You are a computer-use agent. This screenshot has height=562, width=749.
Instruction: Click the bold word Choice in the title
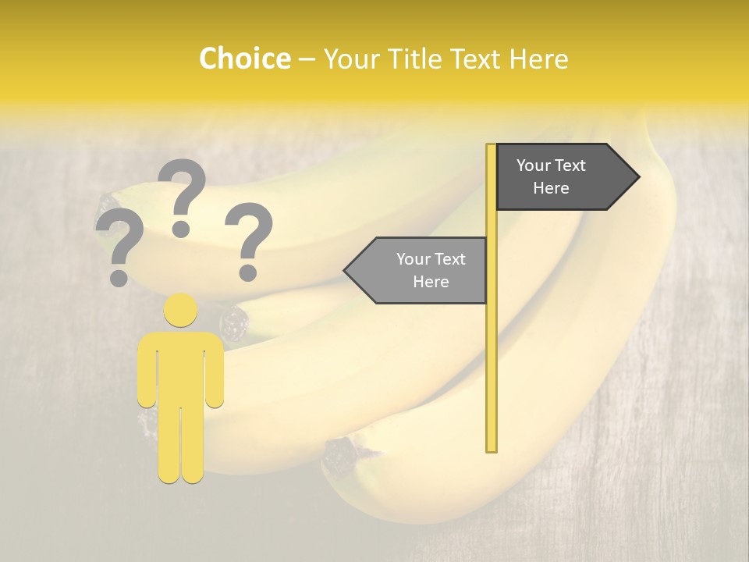tap(244, 59)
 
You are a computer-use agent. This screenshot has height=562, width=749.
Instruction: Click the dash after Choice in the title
tap(307, 59)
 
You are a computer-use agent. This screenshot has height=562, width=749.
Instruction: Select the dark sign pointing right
tap(558, 176)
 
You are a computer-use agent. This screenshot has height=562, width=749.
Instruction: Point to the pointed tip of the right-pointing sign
tap(637, 176)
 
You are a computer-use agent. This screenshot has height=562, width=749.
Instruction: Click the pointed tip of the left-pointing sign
tap(346, 270)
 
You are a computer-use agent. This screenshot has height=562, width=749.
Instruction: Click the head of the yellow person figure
tap(180, 310)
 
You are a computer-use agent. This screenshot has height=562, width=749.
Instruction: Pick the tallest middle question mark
tap(182, 191)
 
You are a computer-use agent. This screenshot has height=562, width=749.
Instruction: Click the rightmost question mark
tap(249, 234)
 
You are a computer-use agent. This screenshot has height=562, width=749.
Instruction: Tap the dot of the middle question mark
tap(181, 228)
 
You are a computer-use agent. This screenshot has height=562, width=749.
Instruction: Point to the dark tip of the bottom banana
tap(341, 453)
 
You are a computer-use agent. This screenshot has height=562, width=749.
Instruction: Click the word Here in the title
tap(538, 59)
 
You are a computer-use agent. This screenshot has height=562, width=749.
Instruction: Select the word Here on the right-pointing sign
tap(551, 188)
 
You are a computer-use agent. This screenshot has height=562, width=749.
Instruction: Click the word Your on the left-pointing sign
tap(413, 259)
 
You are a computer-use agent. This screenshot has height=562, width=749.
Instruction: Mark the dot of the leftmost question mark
tap(119, 277)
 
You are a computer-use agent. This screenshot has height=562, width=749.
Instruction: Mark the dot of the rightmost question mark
tap(248, 272)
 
